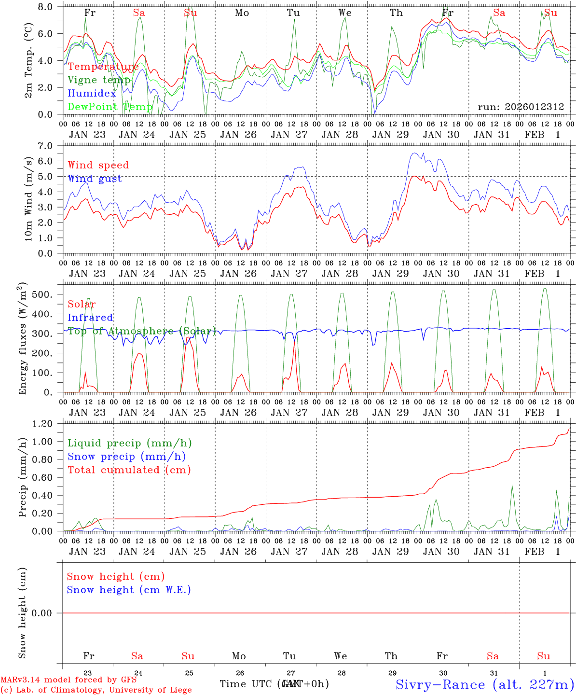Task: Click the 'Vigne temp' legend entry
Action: coord(99,80)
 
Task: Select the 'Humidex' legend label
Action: coord(92,94)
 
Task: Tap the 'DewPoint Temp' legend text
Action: coord(110,107)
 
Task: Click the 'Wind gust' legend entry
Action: coord(95,179)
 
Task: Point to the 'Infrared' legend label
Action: coord(91,318)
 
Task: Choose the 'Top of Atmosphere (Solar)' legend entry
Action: coord(142,331)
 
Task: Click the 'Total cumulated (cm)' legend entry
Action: coord(129,470)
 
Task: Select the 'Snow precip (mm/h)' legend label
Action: coord(127,457)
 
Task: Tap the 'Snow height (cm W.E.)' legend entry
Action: coord(129,590)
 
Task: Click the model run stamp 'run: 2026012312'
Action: coord(521,107)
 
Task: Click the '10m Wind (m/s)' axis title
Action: coord(29,199)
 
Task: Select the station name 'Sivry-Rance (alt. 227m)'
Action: coord(485,684)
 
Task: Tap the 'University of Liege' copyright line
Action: coord(96,690)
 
